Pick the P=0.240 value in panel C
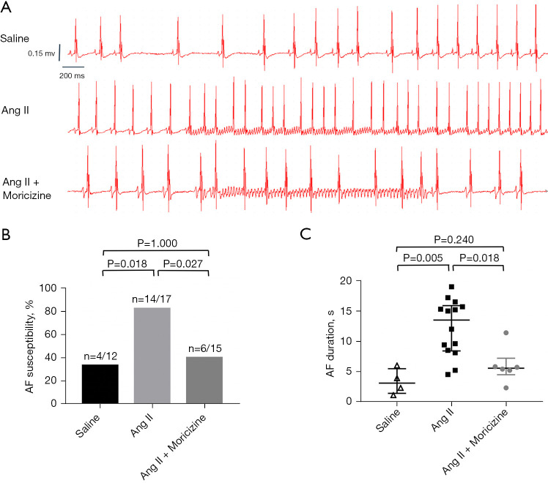[x=450, y=239]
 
